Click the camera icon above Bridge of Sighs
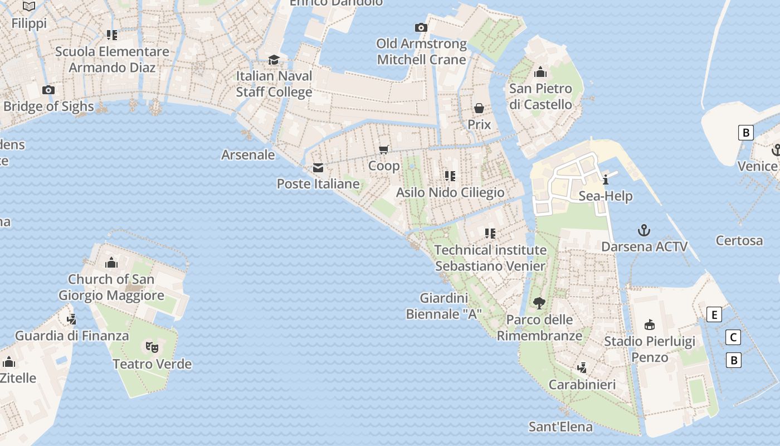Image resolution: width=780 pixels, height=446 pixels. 48,90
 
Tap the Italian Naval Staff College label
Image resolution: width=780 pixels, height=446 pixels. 274,84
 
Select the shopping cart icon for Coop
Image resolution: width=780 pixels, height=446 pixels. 383,149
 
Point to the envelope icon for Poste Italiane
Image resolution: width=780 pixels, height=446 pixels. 318,167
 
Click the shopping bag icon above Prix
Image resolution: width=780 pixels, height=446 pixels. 479,108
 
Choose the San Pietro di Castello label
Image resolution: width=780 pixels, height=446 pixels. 540,96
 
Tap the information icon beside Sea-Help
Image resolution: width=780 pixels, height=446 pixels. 606,180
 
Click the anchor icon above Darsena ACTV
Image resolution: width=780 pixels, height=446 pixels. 644,230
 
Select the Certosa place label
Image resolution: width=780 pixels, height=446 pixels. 739,241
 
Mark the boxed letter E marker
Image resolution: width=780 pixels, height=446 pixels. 714,314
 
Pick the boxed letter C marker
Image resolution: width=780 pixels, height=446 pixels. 734,337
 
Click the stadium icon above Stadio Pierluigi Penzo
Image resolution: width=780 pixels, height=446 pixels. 649,324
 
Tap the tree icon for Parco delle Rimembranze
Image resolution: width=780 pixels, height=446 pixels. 539,303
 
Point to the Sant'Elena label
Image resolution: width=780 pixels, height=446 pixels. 560,427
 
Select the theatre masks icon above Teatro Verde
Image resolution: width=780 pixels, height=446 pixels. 152,347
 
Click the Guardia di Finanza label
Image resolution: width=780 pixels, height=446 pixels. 72,336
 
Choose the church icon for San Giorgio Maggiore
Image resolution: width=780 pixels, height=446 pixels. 111,262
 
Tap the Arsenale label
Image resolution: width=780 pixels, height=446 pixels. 248,154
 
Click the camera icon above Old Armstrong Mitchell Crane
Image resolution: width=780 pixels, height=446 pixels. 421,27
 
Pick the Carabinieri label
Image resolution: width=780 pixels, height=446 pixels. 582,385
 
